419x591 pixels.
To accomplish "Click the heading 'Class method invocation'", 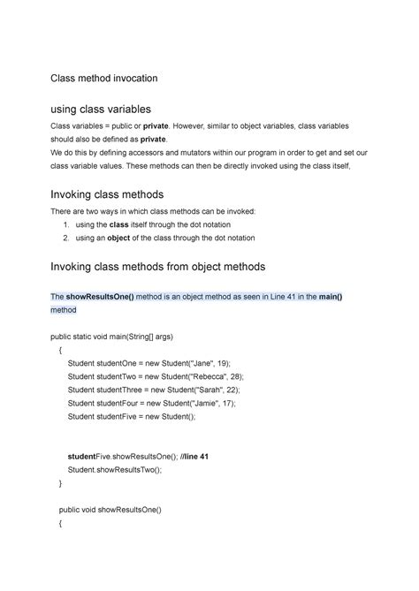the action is coord(103,79).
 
